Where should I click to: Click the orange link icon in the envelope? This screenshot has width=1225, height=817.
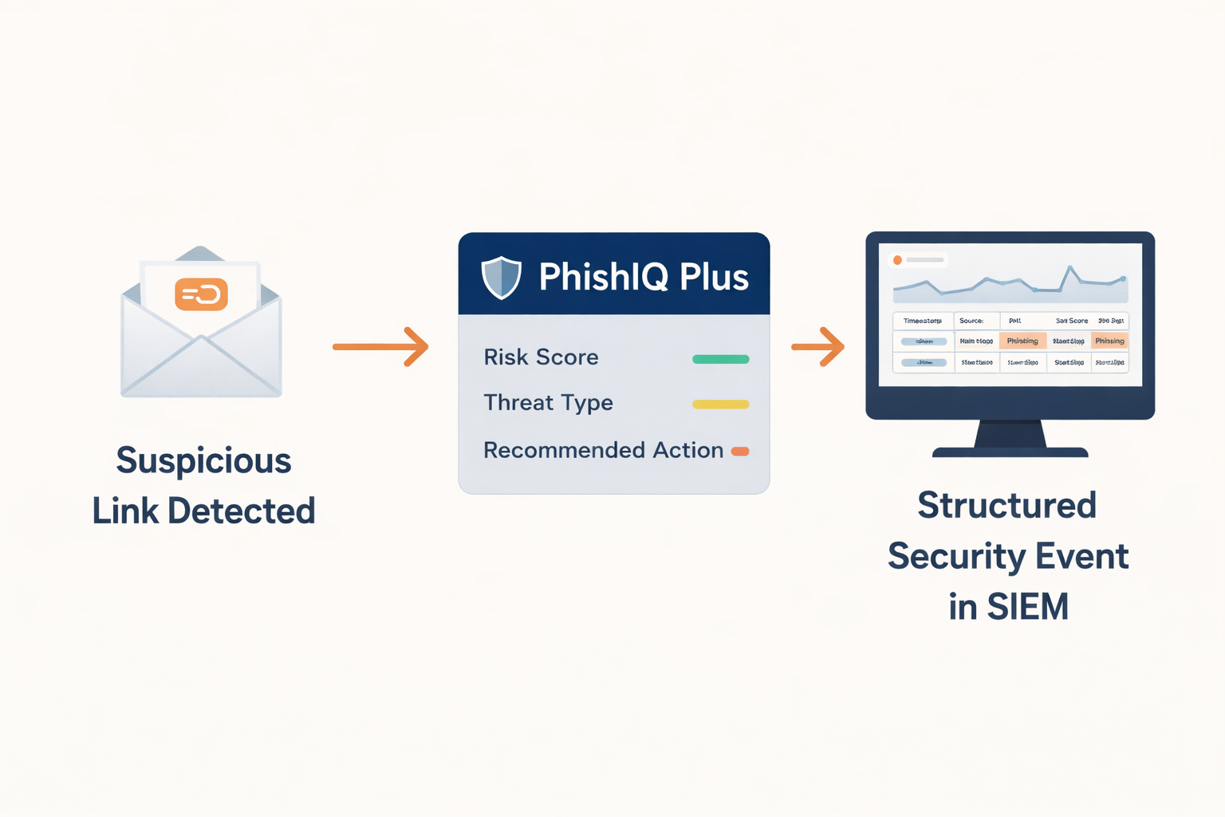pyautogui.click(x=201, y=294)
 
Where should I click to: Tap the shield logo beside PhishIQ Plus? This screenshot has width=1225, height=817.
pyautogui.click(x=502, y=277)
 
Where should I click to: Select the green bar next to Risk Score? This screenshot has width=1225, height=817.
pyautogui.click(x=720, y=359)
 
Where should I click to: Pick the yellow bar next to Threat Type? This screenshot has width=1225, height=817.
pyautogui.click(x=720, y=405)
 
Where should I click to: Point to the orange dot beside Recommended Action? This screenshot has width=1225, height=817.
pyautogui.click(x=740, y=452)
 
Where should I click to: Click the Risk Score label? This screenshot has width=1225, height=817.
pyautogui.click(x=541, y=357)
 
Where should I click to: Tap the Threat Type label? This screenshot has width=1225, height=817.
pyautogui.click(x=548, y=403)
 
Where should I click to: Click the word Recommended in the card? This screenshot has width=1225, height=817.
pyautogui.click(x=564, y=450)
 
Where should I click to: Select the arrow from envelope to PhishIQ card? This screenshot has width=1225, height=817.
pyautogui.click(x=380, y=346)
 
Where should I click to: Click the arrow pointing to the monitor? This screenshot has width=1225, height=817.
pyautogui.click(x=817, y=346)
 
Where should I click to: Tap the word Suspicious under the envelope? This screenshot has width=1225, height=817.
pyautogui.click(x=203, y=461)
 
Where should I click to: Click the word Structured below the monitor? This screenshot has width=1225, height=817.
pyautogui.click(x=1006, y=506)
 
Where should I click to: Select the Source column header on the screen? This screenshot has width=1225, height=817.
pyautogui.click(x=971, y=321)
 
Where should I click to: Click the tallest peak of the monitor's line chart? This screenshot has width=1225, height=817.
pyautogui.click(x=1069, y=268)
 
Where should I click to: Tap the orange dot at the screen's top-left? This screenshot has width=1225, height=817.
pyautogui.click(x=897, y=260)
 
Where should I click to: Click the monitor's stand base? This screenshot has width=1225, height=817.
pyautogui.click(x=1010, y=452)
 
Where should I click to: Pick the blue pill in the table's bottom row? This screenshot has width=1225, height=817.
pyautogui.click(x=924, y=362)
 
